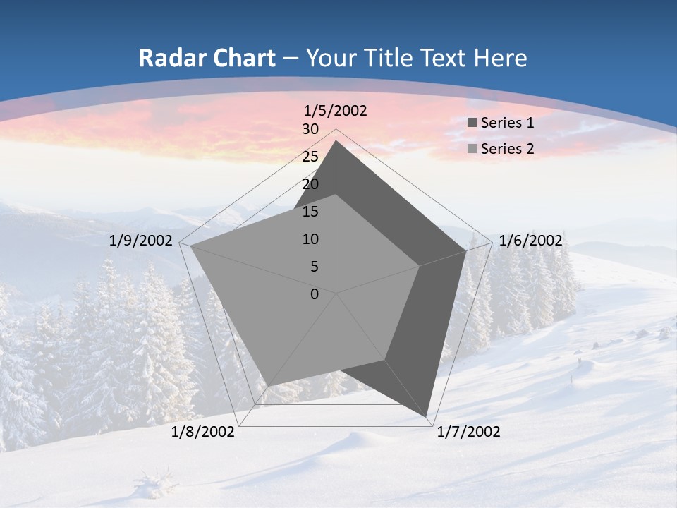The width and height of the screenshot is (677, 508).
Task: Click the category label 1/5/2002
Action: (x=336, y=111)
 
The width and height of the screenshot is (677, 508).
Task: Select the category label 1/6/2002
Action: (x=530, y=241)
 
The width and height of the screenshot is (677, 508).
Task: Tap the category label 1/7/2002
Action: (x=468, y=432)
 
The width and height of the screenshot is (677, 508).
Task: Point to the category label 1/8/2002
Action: (x=203, y=432)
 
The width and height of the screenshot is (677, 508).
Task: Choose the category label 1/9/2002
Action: (x=141, y=241)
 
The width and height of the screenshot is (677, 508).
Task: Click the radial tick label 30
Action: (x=310, y=130)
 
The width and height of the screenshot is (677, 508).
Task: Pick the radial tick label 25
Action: (x=310, y=157)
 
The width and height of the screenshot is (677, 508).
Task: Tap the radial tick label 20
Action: (x=310, y=184)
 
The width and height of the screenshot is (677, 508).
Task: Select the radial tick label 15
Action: (x=310, y=212)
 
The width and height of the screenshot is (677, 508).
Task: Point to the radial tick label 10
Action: (x=310, y=239)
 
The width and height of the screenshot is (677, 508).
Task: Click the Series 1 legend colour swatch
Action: (x=472, y=123)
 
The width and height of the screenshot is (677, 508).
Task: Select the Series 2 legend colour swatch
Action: (x=472, y=149)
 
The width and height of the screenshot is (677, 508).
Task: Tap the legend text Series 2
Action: (x=507, y=149)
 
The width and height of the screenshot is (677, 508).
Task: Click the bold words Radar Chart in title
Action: (x=207, y=59)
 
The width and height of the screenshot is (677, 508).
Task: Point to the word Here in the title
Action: (x=500, y=59)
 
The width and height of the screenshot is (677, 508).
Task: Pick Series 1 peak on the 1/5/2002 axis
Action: (x=336, y=141)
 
